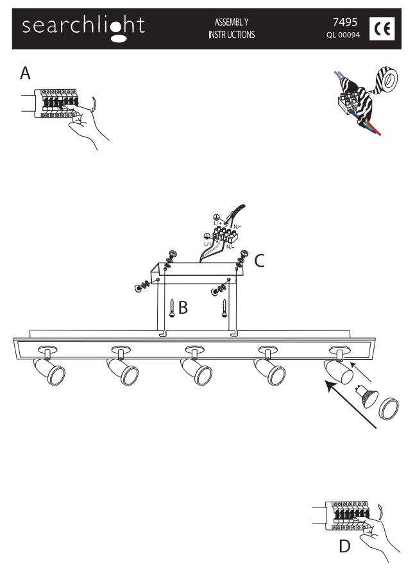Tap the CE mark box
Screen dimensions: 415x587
382,28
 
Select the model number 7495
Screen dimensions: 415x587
345,22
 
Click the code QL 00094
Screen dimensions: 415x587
343,35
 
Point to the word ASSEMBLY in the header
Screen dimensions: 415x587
232,22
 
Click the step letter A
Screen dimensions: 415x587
25,73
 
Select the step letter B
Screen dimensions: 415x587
183,307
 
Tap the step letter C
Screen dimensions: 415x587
259,261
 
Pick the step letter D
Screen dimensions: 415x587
344,547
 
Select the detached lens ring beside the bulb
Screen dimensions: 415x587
389,409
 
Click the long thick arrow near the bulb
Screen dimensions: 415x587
351,404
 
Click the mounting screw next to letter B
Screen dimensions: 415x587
172,308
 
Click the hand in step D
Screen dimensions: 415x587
376,537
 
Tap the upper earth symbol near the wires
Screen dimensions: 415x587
216,217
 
